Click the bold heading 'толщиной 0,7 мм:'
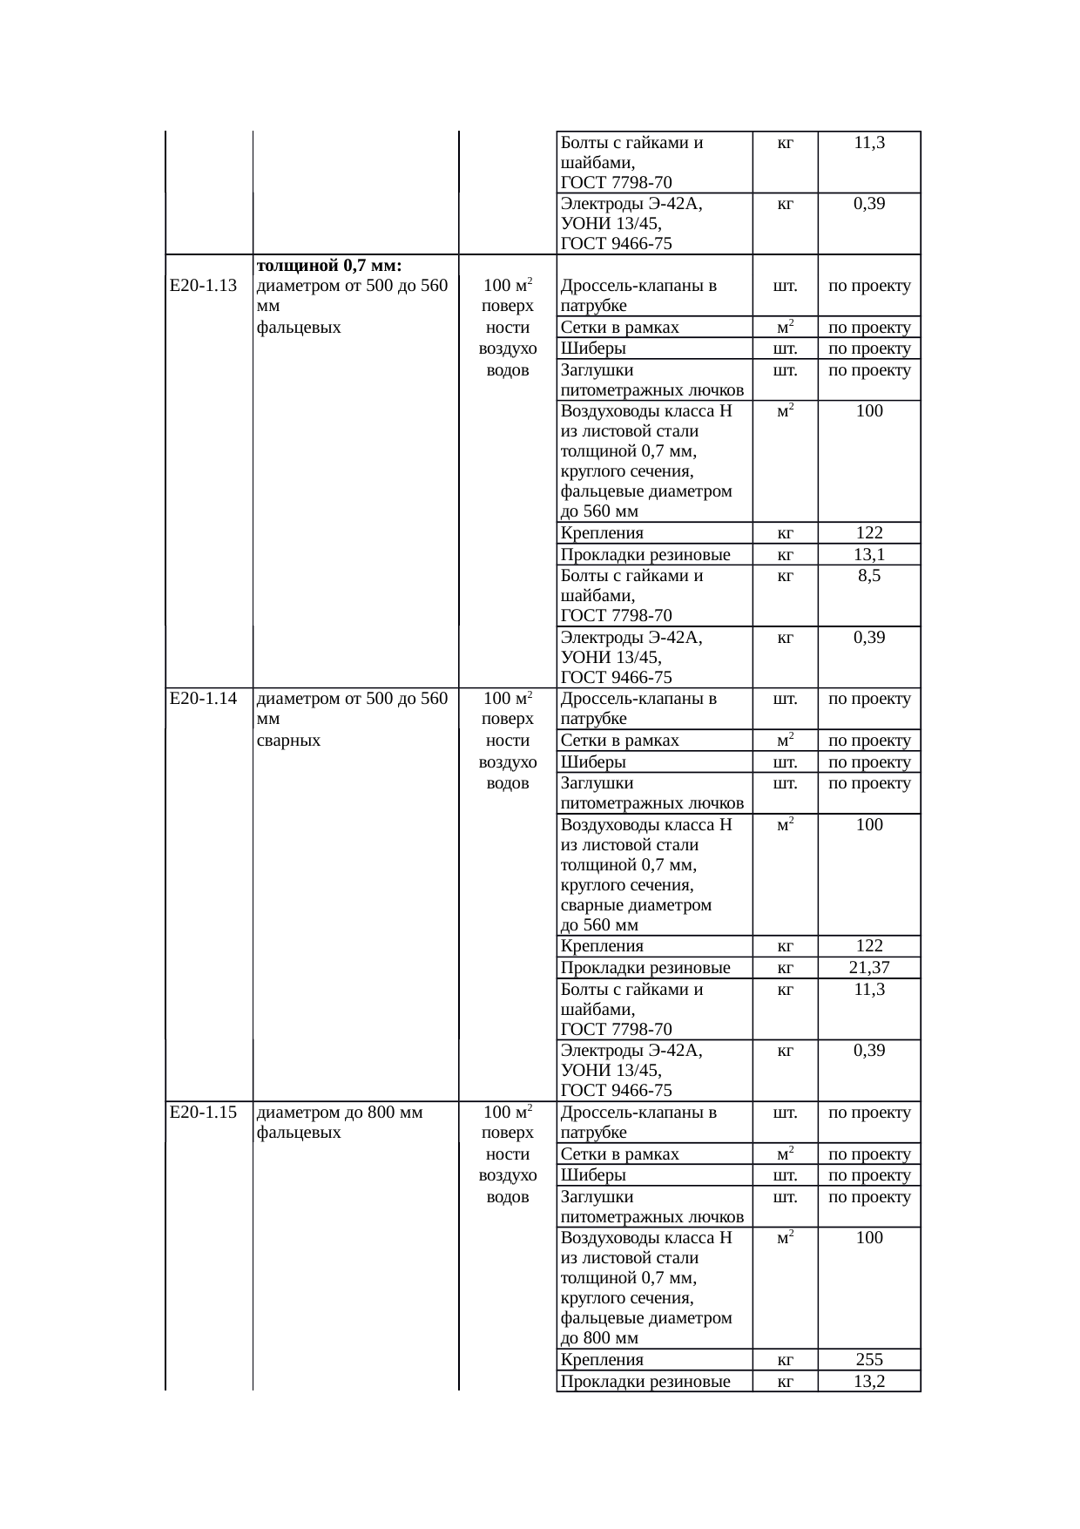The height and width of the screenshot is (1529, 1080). pyautogui.click(x=329, y=265)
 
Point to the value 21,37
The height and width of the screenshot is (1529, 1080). pyautogui.click(x=869, y=967)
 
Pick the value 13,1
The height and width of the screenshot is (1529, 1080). pyautogui.click(x=869, y=555)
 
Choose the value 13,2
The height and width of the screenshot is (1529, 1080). pyautogui.click(x=869, y=1381)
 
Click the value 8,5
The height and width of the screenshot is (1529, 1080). pyautogui.click(x=869, y=576)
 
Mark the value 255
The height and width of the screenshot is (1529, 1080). pyautogui.click(x=869, y=1359)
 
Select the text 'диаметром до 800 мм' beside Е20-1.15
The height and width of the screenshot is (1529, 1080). pyautogui.click(x=340, y=1112)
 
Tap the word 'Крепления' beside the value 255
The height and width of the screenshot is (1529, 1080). pyautogui.click(x=602, y=1359)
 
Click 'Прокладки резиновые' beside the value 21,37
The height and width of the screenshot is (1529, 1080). pyautogui.click(x=645, y=967)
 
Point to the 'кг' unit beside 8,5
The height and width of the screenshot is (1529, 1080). pyautogui.click(x=785, y=576)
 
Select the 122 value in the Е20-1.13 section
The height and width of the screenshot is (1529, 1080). pyautogui.click(x=869, y=533)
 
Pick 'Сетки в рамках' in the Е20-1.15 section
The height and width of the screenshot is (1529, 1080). pyautogui.click(x=619, y=1154)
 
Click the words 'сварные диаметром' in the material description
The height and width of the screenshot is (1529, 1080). pyautogui.click(x=636, y=905)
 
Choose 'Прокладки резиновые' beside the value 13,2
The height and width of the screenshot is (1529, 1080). pyautogui.click(x=645, y=1381)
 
